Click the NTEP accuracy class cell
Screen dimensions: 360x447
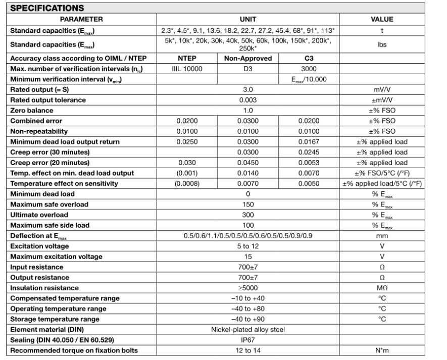(186, 59)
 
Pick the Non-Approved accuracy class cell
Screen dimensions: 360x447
(248, 59)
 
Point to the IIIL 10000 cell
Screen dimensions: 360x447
(186, 68)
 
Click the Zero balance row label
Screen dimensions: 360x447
(31, 110)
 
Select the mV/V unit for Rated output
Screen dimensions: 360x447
(382, 89)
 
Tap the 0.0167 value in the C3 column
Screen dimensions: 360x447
(309, 142)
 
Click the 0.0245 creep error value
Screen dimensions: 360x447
(309, 152)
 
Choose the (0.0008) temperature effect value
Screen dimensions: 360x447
(186, 183)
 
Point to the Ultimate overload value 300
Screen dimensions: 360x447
(248, 215)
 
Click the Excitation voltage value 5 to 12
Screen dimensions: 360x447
(248, 246)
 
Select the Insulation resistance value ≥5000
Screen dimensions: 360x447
(248, 288)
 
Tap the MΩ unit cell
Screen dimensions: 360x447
(382, 288)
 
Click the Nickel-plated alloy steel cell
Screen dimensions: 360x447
(248, 329)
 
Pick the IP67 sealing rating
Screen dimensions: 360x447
(248, 340)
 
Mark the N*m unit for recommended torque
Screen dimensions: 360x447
(382, 350)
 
